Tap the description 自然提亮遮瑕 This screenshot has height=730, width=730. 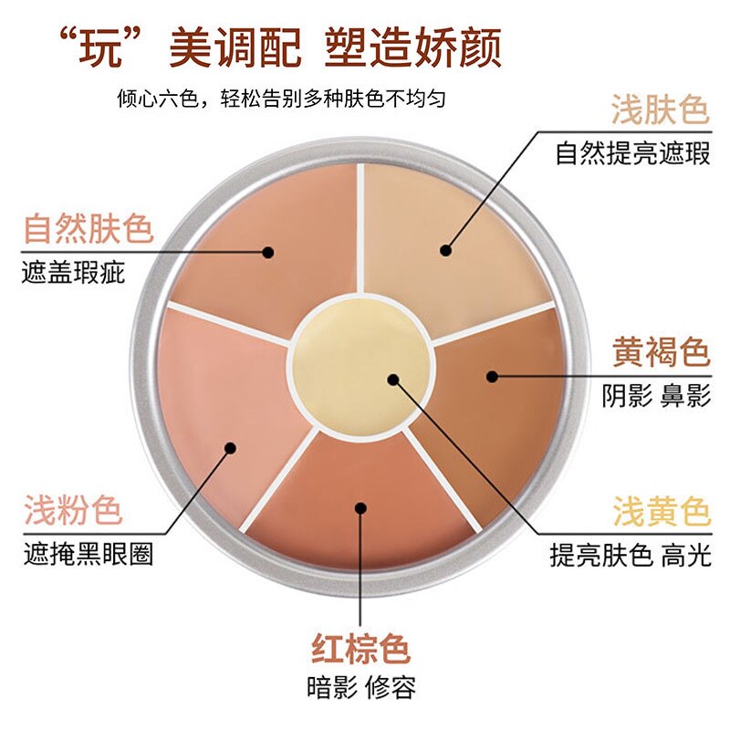click(x=632, y=152)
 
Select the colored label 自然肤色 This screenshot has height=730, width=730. click(x=89, y=228)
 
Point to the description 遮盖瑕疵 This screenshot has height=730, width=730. click(x=73, y=271)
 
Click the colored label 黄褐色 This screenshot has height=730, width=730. click(x=660, y=350)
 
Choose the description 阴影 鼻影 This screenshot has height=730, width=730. click(x=655, y=395)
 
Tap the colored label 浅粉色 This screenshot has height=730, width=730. click(x=73, y=510)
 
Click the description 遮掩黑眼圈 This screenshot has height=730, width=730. click(x=89, y=553)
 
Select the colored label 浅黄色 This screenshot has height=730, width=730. click(x=660, y=511)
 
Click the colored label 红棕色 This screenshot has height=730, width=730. click(x=361, y=650)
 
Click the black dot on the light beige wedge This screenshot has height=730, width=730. click(x=445, y=249)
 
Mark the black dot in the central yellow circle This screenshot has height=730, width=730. click(x=392, y=378)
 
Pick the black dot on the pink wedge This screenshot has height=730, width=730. click(x=230, y=447)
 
